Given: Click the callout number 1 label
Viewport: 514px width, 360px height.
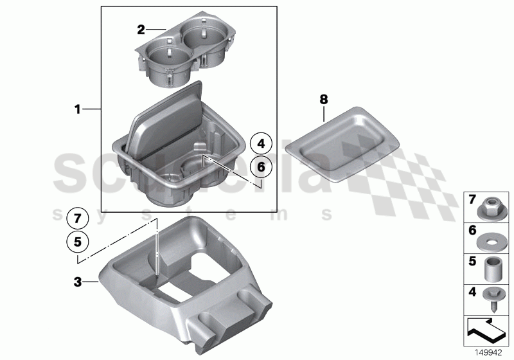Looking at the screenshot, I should pos(77,110).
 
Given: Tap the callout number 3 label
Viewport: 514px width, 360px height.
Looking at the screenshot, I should pos(77,282).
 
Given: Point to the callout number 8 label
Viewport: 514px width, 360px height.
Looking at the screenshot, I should pos(323,99).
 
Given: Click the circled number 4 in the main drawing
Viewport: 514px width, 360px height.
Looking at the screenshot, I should pos(261,144).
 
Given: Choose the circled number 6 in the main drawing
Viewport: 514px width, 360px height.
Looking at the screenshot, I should pos(261,166).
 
